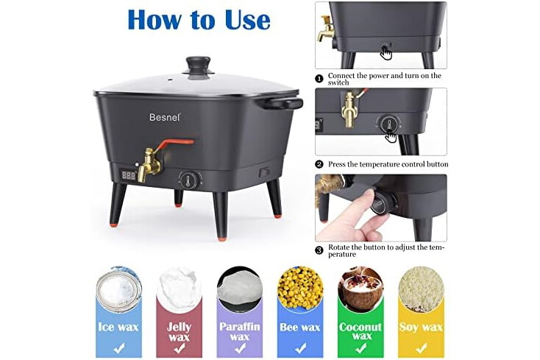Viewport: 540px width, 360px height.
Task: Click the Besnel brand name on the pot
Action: pos(165,117)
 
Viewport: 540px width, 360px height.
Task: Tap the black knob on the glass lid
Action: pos(199,65)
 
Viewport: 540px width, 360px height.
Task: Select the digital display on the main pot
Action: pos(129,175)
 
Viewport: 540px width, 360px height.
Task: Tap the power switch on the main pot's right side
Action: pos(264,172)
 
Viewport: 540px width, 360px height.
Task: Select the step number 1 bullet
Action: pos(319,79)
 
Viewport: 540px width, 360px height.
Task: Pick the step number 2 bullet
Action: pos(319,164)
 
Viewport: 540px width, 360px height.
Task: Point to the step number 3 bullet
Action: pos(319,250)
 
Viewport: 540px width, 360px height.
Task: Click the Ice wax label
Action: pos(118,327)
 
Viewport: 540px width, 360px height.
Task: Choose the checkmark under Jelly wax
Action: pos(179,349)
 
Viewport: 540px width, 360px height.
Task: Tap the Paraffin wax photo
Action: pos(239,288)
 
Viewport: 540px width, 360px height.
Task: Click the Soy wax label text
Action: pos(421,327)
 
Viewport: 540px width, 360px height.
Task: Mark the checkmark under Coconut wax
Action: pos(360,349)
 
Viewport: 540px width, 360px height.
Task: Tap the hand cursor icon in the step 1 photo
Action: pos(387,53)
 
